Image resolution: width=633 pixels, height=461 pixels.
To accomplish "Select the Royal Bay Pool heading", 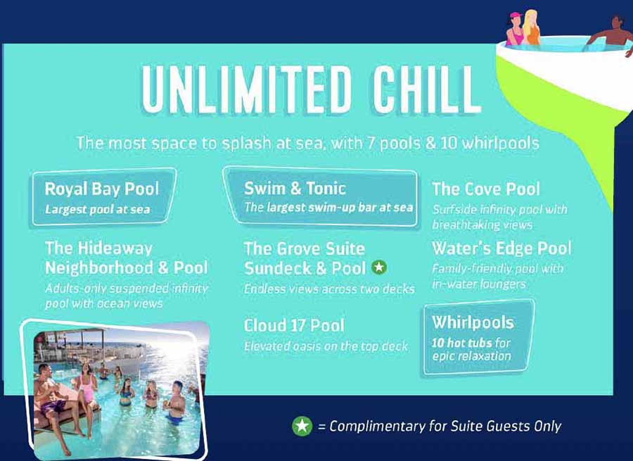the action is tap(102, 189).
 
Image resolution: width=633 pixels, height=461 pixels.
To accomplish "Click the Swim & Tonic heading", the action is tap(295, 189).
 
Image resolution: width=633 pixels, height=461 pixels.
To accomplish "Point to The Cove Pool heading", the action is tap(485, 189).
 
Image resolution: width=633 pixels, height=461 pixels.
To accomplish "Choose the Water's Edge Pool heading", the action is tap(501, 248).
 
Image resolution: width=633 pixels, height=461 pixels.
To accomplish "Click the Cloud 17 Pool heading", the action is tap(294, 326).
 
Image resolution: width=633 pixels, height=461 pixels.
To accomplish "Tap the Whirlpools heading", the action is tap(473, 322).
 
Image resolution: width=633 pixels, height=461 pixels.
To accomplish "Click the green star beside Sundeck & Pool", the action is tap(378, 267).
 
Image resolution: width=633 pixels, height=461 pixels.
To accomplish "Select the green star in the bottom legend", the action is tap(302, 427).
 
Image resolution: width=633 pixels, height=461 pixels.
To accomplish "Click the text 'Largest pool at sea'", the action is tap(97, 210).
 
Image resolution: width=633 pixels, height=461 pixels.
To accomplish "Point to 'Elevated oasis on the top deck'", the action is tap(326, 346).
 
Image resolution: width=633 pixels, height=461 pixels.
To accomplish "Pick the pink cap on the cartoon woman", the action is tap(516, 15).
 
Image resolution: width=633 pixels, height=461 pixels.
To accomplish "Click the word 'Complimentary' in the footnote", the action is tap(377, 427).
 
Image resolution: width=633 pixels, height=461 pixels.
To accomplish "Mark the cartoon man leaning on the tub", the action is tap(610, 34).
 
